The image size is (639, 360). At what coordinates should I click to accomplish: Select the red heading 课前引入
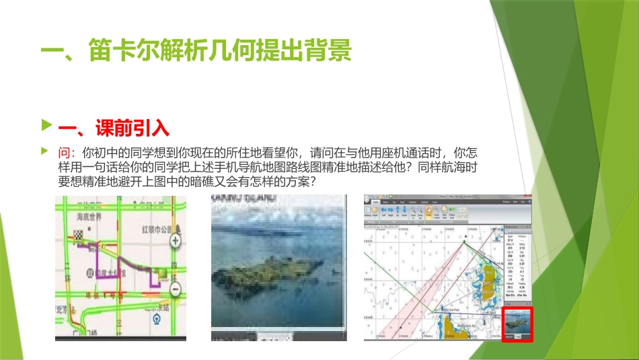(x=131, y=127)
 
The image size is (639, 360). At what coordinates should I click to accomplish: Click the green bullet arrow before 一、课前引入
(x=45, y=125)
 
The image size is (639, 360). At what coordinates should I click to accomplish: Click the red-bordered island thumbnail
(x=517, y=324)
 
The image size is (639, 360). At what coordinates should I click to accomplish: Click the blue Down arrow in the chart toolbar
(x=405, y=210)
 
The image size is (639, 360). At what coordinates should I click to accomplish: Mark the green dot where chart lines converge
(x=465, y=238)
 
